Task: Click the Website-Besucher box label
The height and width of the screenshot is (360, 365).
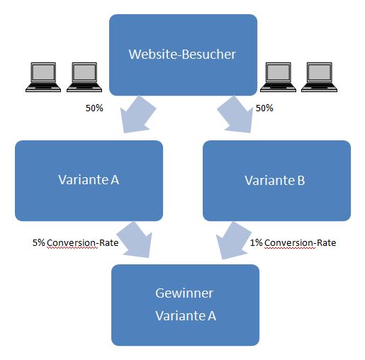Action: (182, 55)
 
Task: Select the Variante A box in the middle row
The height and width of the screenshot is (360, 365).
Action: (89, 181)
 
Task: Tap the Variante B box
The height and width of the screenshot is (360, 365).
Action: (276, 181)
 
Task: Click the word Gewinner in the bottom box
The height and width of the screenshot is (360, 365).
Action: (184, 293)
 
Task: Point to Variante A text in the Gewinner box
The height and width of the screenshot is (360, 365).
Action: (186, 315)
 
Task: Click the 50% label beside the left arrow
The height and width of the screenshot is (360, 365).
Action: (94, 108)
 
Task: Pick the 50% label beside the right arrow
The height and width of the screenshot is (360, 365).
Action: (264, 108)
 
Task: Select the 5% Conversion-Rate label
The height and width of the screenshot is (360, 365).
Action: (75, 243)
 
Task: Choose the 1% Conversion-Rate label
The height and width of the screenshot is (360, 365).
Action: (293, 243)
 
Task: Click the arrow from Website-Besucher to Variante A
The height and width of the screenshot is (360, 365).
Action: (137, 116)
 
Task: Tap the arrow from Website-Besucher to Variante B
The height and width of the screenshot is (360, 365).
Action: (235, 116)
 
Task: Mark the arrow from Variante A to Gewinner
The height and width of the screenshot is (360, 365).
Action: (135, 240)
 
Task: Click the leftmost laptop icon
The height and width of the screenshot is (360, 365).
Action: (43, 77)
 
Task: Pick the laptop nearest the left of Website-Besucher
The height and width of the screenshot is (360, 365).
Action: (84, 77)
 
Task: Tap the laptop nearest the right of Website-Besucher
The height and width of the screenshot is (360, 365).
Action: (278, 77)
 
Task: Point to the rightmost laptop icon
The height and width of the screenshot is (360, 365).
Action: (320, 77)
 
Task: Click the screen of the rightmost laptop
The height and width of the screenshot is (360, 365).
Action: (320, 72)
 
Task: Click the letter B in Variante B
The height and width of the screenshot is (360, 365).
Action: (301, 181)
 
